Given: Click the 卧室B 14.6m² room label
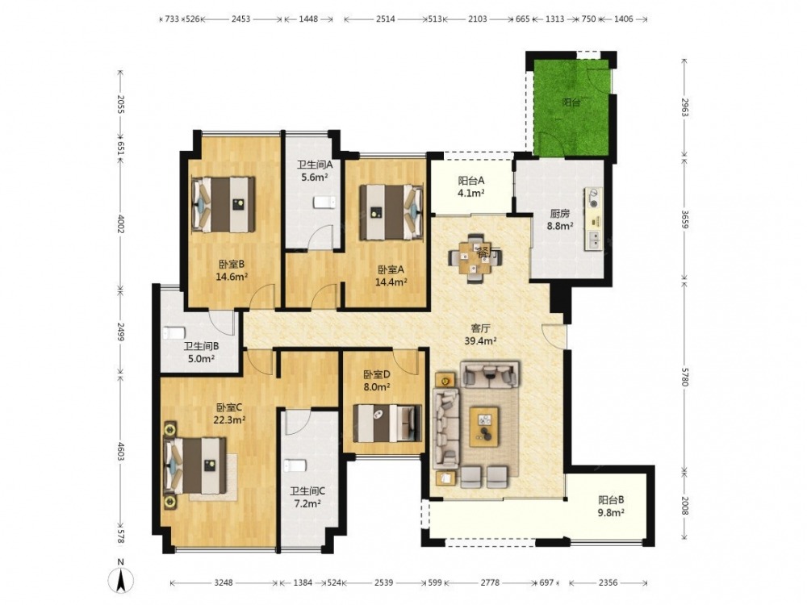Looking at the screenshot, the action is (x=232, y=270).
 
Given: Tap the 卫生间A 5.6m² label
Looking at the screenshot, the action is (x=315, y=171).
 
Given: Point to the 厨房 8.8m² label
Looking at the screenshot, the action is (x=560, y=219).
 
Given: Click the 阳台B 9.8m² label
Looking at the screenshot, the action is (x=611, y=506).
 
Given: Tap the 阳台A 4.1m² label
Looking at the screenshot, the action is (x=471, y=187).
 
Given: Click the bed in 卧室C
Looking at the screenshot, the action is (x=195, y=465).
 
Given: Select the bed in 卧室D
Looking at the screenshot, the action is (x=387, y=423).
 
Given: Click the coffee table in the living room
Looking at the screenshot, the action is (x=483, y=427).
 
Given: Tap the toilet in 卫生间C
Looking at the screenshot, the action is (x=295, y=465).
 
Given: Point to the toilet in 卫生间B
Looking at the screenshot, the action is (x=174, y=333).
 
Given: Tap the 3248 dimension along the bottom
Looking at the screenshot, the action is (x=224, y=583).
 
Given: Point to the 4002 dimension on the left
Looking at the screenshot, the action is (x=120, y=224).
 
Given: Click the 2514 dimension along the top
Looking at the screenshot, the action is (x=386, y=19).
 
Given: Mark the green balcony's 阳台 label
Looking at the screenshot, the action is (x=571, y=102).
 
